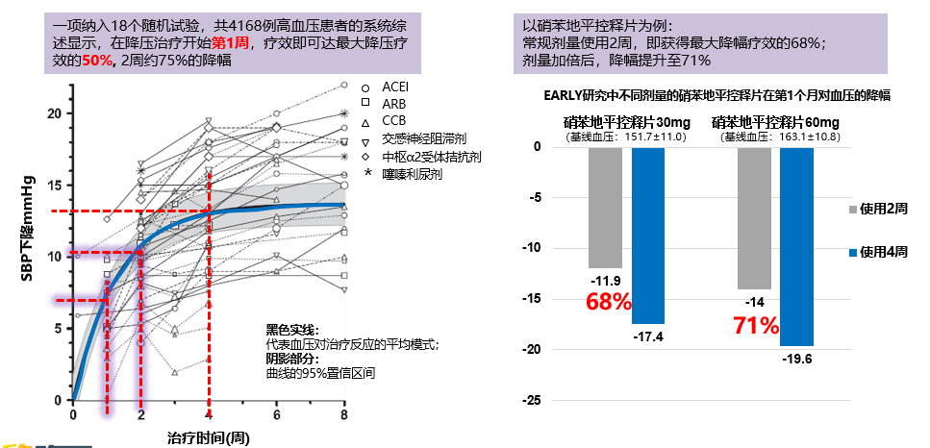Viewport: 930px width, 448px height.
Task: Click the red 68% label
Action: [x=608, y=302]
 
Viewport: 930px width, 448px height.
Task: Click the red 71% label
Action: [x=755, y=325]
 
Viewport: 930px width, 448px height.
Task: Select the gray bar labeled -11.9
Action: [x=605, y=208]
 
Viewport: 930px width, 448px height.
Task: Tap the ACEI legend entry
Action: [x=394, y=87]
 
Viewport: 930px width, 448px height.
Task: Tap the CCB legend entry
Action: [x=393, y=120]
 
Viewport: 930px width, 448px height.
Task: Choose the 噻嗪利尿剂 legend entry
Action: [x=411, y=172]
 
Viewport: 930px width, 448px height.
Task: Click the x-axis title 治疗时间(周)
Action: [x=208, y=436]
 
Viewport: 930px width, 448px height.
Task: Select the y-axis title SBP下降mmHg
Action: [x=30, y=227]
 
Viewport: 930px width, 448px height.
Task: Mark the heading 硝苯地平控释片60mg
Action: [x=775, y=122]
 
